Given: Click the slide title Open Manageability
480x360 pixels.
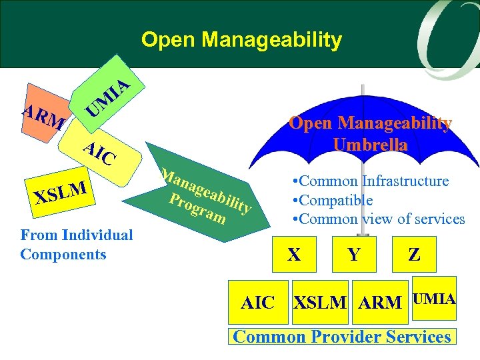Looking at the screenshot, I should click(x=241, y=40).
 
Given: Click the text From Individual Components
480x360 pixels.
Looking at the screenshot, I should click(x=77, y=244).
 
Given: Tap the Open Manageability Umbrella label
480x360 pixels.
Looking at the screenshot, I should click(x=370, y=133).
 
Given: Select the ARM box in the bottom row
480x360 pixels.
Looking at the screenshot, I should click(x=380, y=302).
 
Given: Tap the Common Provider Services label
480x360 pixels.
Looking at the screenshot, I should click(x=341, y=336).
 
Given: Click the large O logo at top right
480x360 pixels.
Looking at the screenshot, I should click(x=440, y=33).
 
